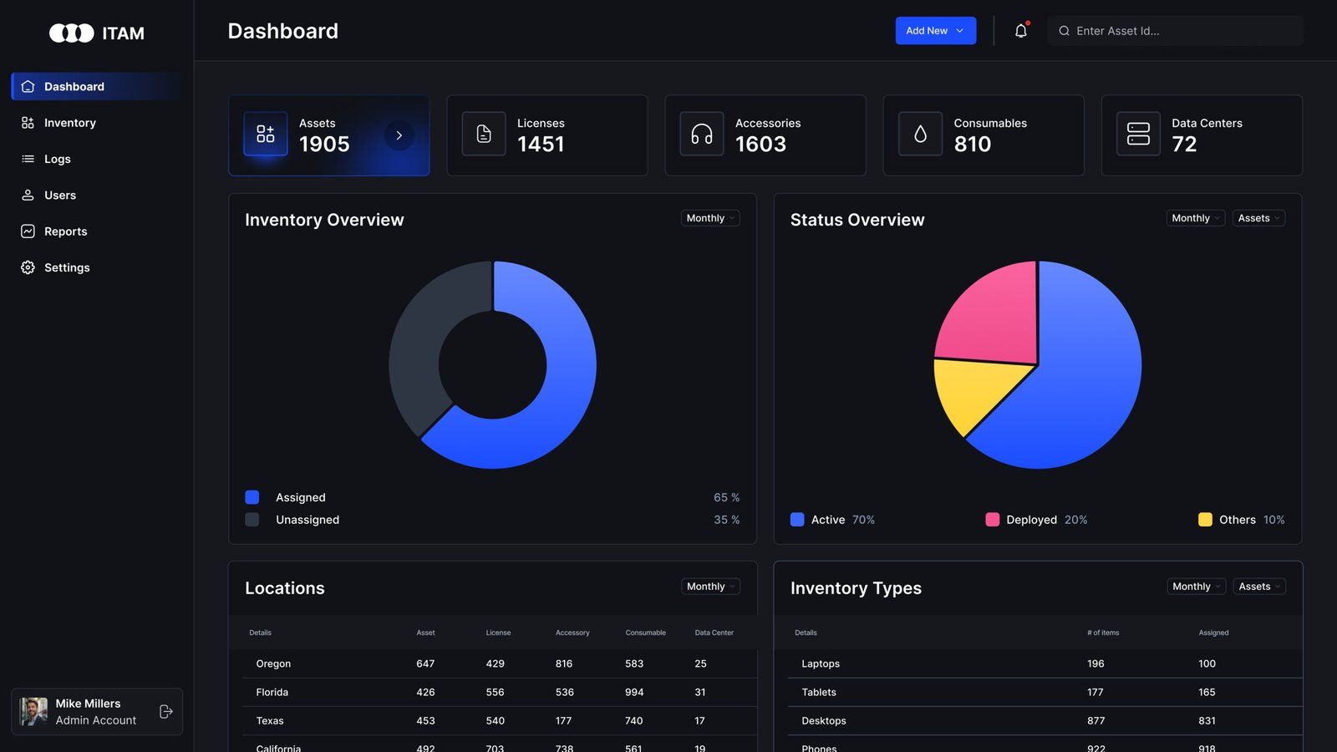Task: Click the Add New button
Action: click(935, 31)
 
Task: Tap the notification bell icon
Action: click(1020, 31)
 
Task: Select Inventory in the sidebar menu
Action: click(70, 123)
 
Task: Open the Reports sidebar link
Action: click(65, 231)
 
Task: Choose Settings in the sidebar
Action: click(67, 267)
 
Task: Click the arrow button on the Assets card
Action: click(399, 135)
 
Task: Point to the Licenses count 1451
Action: click(541, 145)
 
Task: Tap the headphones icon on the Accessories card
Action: click(702, 134)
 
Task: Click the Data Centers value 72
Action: click(1184, 145)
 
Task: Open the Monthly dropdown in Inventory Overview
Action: click(709, 218)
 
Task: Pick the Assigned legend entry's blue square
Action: click(252, 497)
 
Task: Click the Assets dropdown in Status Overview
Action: click(1258, 218)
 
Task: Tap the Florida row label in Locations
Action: click(272, 692)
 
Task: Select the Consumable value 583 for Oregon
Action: click(634, 663)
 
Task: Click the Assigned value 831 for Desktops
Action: click(1207, 720)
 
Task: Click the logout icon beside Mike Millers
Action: click(165, 712)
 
